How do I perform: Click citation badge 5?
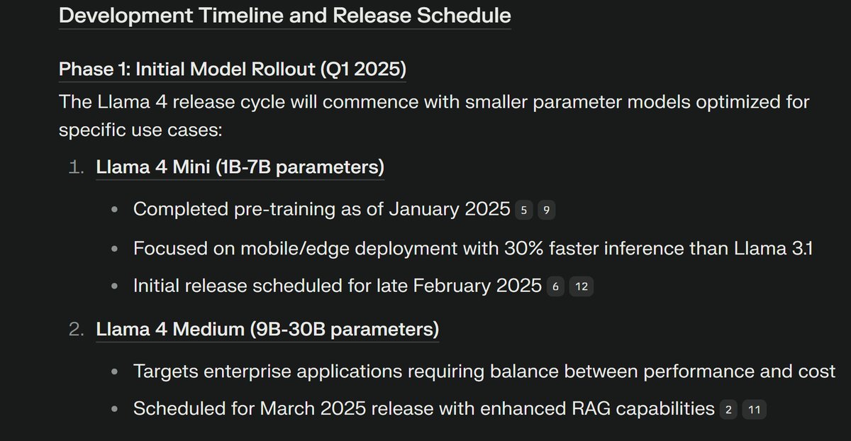524,210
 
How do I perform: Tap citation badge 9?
546,210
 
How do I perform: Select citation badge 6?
556,288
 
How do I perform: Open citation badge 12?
581,288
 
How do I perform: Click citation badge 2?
728,410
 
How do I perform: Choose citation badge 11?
754,410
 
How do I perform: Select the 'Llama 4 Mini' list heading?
240,168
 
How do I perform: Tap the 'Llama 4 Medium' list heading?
267,330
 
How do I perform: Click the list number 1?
76,169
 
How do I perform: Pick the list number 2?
76,330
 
